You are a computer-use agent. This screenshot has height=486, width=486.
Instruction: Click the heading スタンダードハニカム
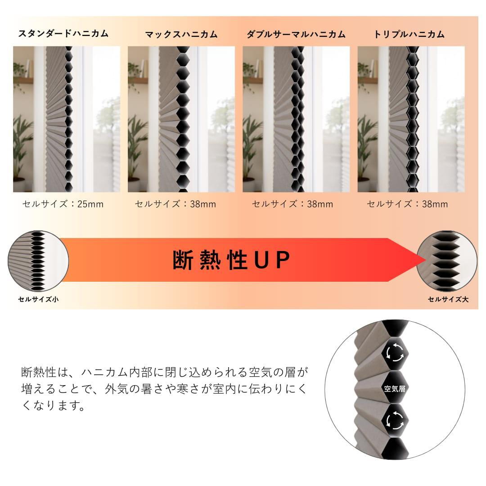pyautogui.click(x=63, y=33)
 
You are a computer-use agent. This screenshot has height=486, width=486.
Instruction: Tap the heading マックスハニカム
pyautogui.click(x=181, y=34)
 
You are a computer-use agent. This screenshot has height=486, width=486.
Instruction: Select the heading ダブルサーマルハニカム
pyautogui.click(x=296, y=34)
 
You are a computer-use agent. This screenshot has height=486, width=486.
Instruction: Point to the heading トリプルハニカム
pyautogui.click(x=409, y=34)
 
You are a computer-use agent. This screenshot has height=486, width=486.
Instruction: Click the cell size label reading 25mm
pyautogui.click(x=63, y=204)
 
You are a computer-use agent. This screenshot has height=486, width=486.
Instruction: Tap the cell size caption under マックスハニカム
pyautogui.click(x=175, y=204)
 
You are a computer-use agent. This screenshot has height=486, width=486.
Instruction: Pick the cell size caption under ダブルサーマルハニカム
pyautogui.click(x=292, y=204)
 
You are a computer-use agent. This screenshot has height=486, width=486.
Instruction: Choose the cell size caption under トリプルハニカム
pyautogui.click(x=407, y=204)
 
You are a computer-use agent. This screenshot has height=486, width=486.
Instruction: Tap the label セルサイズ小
pyautogui.click(x=38, y=299)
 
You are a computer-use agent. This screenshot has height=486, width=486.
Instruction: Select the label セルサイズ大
pyautogui.click(x=448, y=299)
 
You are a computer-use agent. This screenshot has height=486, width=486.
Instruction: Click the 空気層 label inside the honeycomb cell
pyautogui.click(x=395, y=388)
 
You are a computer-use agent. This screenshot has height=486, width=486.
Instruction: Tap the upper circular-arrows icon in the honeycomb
pyautogui.click(x=395, y=353)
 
